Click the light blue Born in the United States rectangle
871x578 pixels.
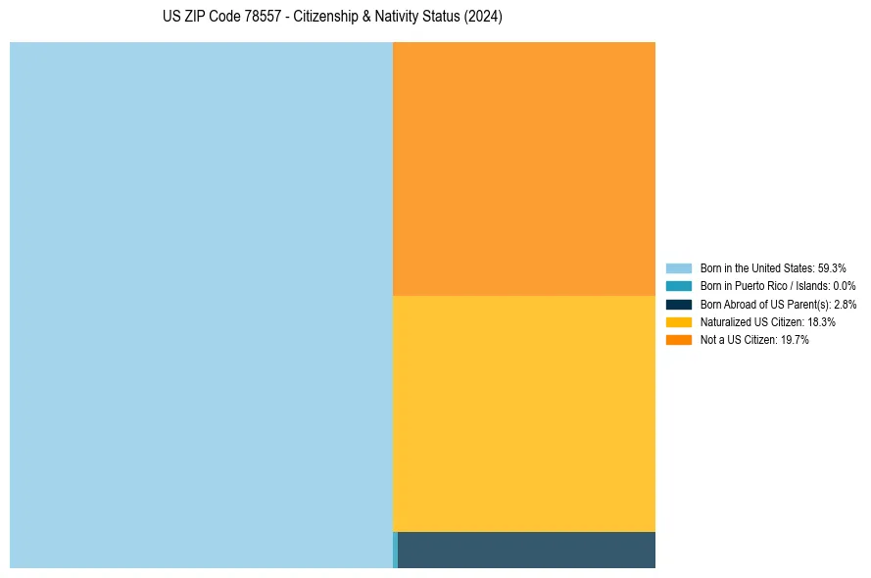[201, 305]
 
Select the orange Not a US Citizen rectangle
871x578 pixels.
[524, 169]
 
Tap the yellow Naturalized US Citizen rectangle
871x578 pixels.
[524, 413]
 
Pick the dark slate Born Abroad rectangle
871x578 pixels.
[526, 550]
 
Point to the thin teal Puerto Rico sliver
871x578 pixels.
[395, 550]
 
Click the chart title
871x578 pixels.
[332, 18]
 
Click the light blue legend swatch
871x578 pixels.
[678, 267]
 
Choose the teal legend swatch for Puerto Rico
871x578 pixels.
[678, 286]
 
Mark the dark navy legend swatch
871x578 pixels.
[678, 304]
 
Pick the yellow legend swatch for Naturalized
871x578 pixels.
[678, 322]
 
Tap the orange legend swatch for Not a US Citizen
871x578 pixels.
[678, 340]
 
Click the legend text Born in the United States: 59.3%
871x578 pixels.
[773, 267]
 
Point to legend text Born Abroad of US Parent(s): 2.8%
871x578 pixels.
[778, 305]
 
